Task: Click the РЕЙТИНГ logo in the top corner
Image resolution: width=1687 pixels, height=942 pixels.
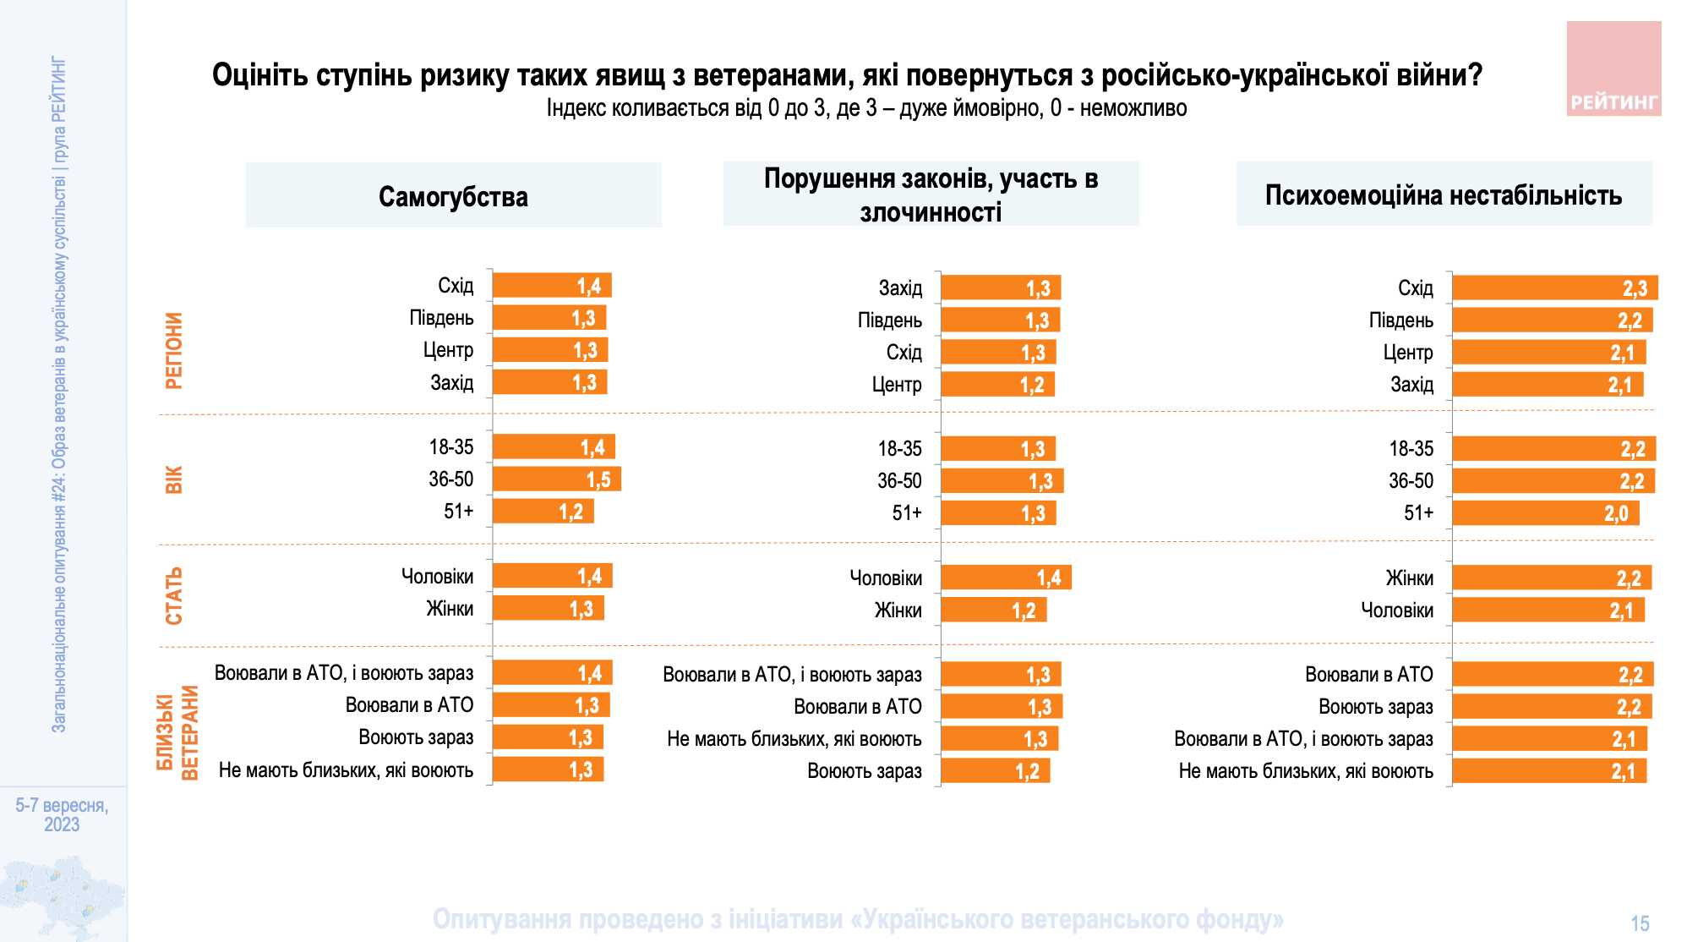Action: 1613,69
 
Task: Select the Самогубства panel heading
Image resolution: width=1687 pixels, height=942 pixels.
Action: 453,196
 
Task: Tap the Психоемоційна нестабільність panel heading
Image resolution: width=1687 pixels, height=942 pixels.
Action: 1443,195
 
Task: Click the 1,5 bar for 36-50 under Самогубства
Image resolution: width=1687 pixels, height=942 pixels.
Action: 556,479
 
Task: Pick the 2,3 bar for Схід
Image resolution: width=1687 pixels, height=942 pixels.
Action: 1554,288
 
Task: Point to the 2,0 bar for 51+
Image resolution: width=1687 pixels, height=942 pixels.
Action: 1545,513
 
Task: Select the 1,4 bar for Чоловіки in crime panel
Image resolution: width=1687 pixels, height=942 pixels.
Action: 1006,578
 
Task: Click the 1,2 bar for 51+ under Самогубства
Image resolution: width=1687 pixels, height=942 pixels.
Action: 543,512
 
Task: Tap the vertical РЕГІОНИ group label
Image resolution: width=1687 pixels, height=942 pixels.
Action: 173,351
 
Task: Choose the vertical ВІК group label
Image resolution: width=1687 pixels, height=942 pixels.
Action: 173,479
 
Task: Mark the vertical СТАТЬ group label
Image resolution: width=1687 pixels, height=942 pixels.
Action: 173,596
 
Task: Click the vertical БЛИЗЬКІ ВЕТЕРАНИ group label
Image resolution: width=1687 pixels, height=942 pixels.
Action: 177,732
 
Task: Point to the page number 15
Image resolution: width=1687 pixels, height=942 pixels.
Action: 1640,923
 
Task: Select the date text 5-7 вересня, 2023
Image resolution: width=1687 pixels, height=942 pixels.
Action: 62,814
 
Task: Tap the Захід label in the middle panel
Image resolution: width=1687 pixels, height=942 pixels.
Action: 900,288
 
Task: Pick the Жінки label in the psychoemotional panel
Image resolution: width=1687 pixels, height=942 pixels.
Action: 1409,578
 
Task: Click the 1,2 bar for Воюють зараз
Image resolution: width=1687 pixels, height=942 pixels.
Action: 995,771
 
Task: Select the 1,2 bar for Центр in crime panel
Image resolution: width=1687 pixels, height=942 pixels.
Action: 997,386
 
